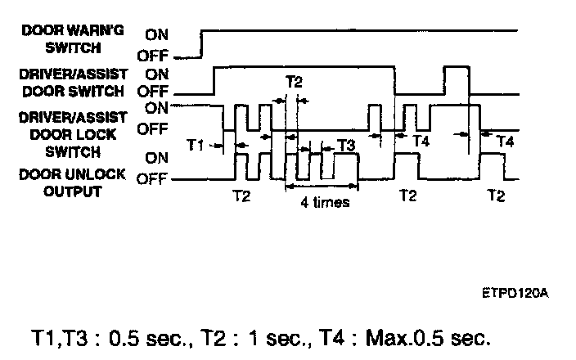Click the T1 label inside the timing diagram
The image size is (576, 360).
(x=196, y=145)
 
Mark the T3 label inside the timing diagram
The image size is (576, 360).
(x=346, y=146)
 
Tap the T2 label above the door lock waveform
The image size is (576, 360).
(x=295, y=82)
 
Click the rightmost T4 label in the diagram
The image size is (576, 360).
(x=505, y=142)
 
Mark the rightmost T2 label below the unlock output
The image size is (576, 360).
(x=496, y=196)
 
